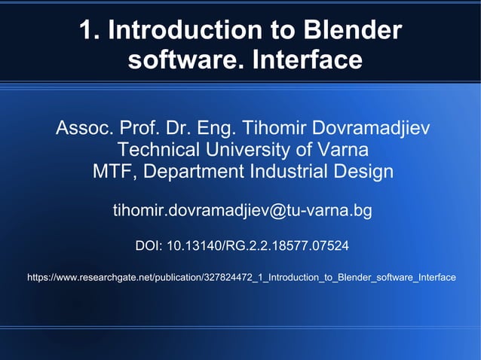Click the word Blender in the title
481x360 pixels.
(351, 31)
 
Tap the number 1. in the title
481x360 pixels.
(90, 31)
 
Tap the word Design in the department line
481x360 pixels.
(366, 172)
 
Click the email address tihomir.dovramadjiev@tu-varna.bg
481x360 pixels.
(242, 210)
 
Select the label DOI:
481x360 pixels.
(149, 246)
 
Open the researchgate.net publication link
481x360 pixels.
(241, 278)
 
